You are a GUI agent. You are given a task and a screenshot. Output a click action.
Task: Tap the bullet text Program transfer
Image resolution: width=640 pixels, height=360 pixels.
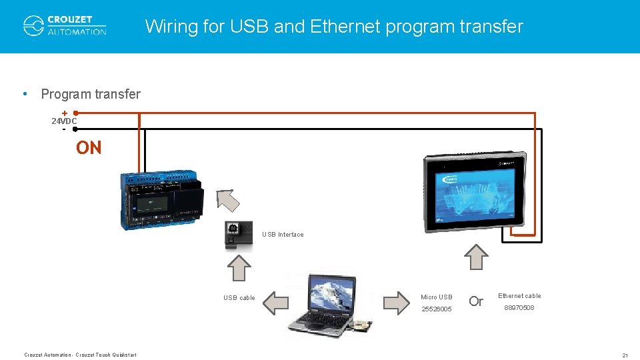(x=91, y=94)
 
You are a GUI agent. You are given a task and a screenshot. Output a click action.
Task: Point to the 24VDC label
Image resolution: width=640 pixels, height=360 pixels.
(x=64, y=121)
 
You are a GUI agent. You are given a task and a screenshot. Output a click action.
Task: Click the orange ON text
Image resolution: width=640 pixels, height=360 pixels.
(x=89, y=148)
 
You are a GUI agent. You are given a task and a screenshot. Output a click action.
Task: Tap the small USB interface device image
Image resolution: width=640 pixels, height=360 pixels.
(x=239, y=236)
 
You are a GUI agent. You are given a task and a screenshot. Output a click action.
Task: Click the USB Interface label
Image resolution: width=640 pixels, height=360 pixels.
(x=283, y=235)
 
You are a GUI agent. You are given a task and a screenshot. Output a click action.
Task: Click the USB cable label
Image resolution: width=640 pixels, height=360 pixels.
(x=239, y=298)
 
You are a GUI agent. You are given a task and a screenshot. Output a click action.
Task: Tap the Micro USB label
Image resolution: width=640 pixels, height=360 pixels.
(x=437, y=297)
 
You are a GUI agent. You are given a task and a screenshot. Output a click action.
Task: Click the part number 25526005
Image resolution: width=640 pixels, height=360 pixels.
(x=437, y=309)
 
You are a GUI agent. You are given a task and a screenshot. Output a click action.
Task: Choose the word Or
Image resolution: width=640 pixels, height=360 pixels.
(x=475, y=301)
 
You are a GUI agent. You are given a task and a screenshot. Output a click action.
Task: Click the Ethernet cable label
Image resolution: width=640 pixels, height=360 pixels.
(x=519, y=296)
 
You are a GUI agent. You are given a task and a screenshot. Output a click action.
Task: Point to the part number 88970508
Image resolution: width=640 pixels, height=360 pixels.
(x=519, y=307)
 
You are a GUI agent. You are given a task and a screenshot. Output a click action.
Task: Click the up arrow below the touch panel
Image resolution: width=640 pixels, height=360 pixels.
(x=476, y=256)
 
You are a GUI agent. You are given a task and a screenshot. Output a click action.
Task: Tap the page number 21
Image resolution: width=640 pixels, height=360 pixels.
(x=625, y=355)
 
